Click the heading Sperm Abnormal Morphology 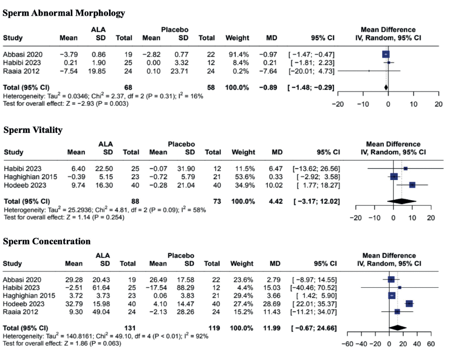coord(64,13)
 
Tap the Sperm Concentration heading coord(47,241)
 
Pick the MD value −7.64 coord(272,71)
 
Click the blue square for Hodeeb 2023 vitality coord(412,185)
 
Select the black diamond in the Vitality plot coord(402,201)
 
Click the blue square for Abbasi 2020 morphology coord(386,54)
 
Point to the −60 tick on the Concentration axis coord(347,344)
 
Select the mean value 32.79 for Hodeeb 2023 coord(73,304)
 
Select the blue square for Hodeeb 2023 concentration coord(409,304)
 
